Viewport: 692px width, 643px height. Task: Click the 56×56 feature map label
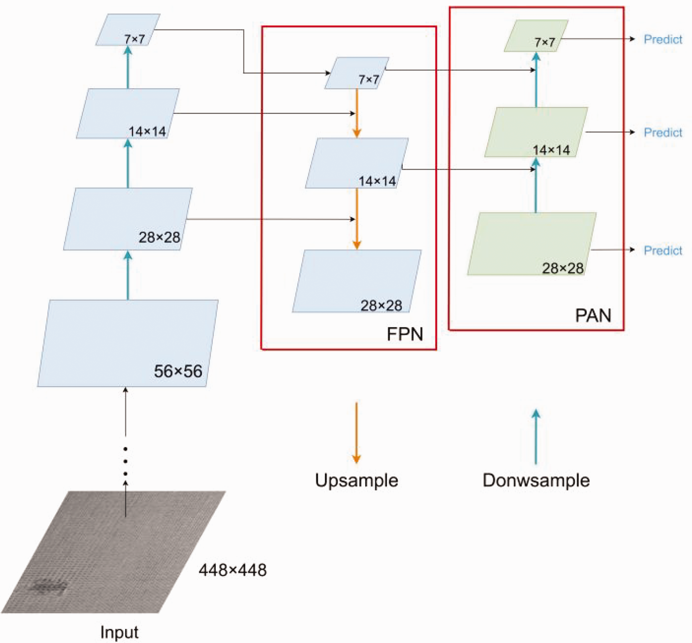pos(178,371)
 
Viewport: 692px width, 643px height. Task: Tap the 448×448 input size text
pos(232,570)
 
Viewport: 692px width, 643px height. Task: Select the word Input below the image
pos(119,632)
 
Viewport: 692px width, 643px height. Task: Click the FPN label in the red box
pos(405,334)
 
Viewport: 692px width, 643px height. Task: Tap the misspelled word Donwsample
pos(536,480)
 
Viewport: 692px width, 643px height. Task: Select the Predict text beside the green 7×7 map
pos(663,39)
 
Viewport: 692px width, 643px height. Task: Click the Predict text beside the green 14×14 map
pos(663,132)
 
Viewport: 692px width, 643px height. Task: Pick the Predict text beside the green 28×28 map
pos(663,250)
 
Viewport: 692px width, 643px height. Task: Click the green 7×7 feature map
pos(536,36)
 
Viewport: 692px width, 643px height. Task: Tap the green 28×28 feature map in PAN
pos(532,244)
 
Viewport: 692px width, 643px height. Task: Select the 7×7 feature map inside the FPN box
pos(357,73)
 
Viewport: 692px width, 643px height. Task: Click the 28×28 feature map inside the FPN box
pos(357,281)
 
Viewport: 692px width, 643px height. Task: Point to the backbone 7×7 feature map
pos(128,29)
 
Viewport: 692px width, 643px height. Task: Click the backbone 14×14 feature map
pos(128,113)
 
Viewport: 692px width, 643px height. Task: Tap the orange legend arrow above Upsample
pos(357,433)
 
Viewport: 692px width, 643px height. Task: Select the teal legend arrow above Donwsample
pos(536,436)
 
